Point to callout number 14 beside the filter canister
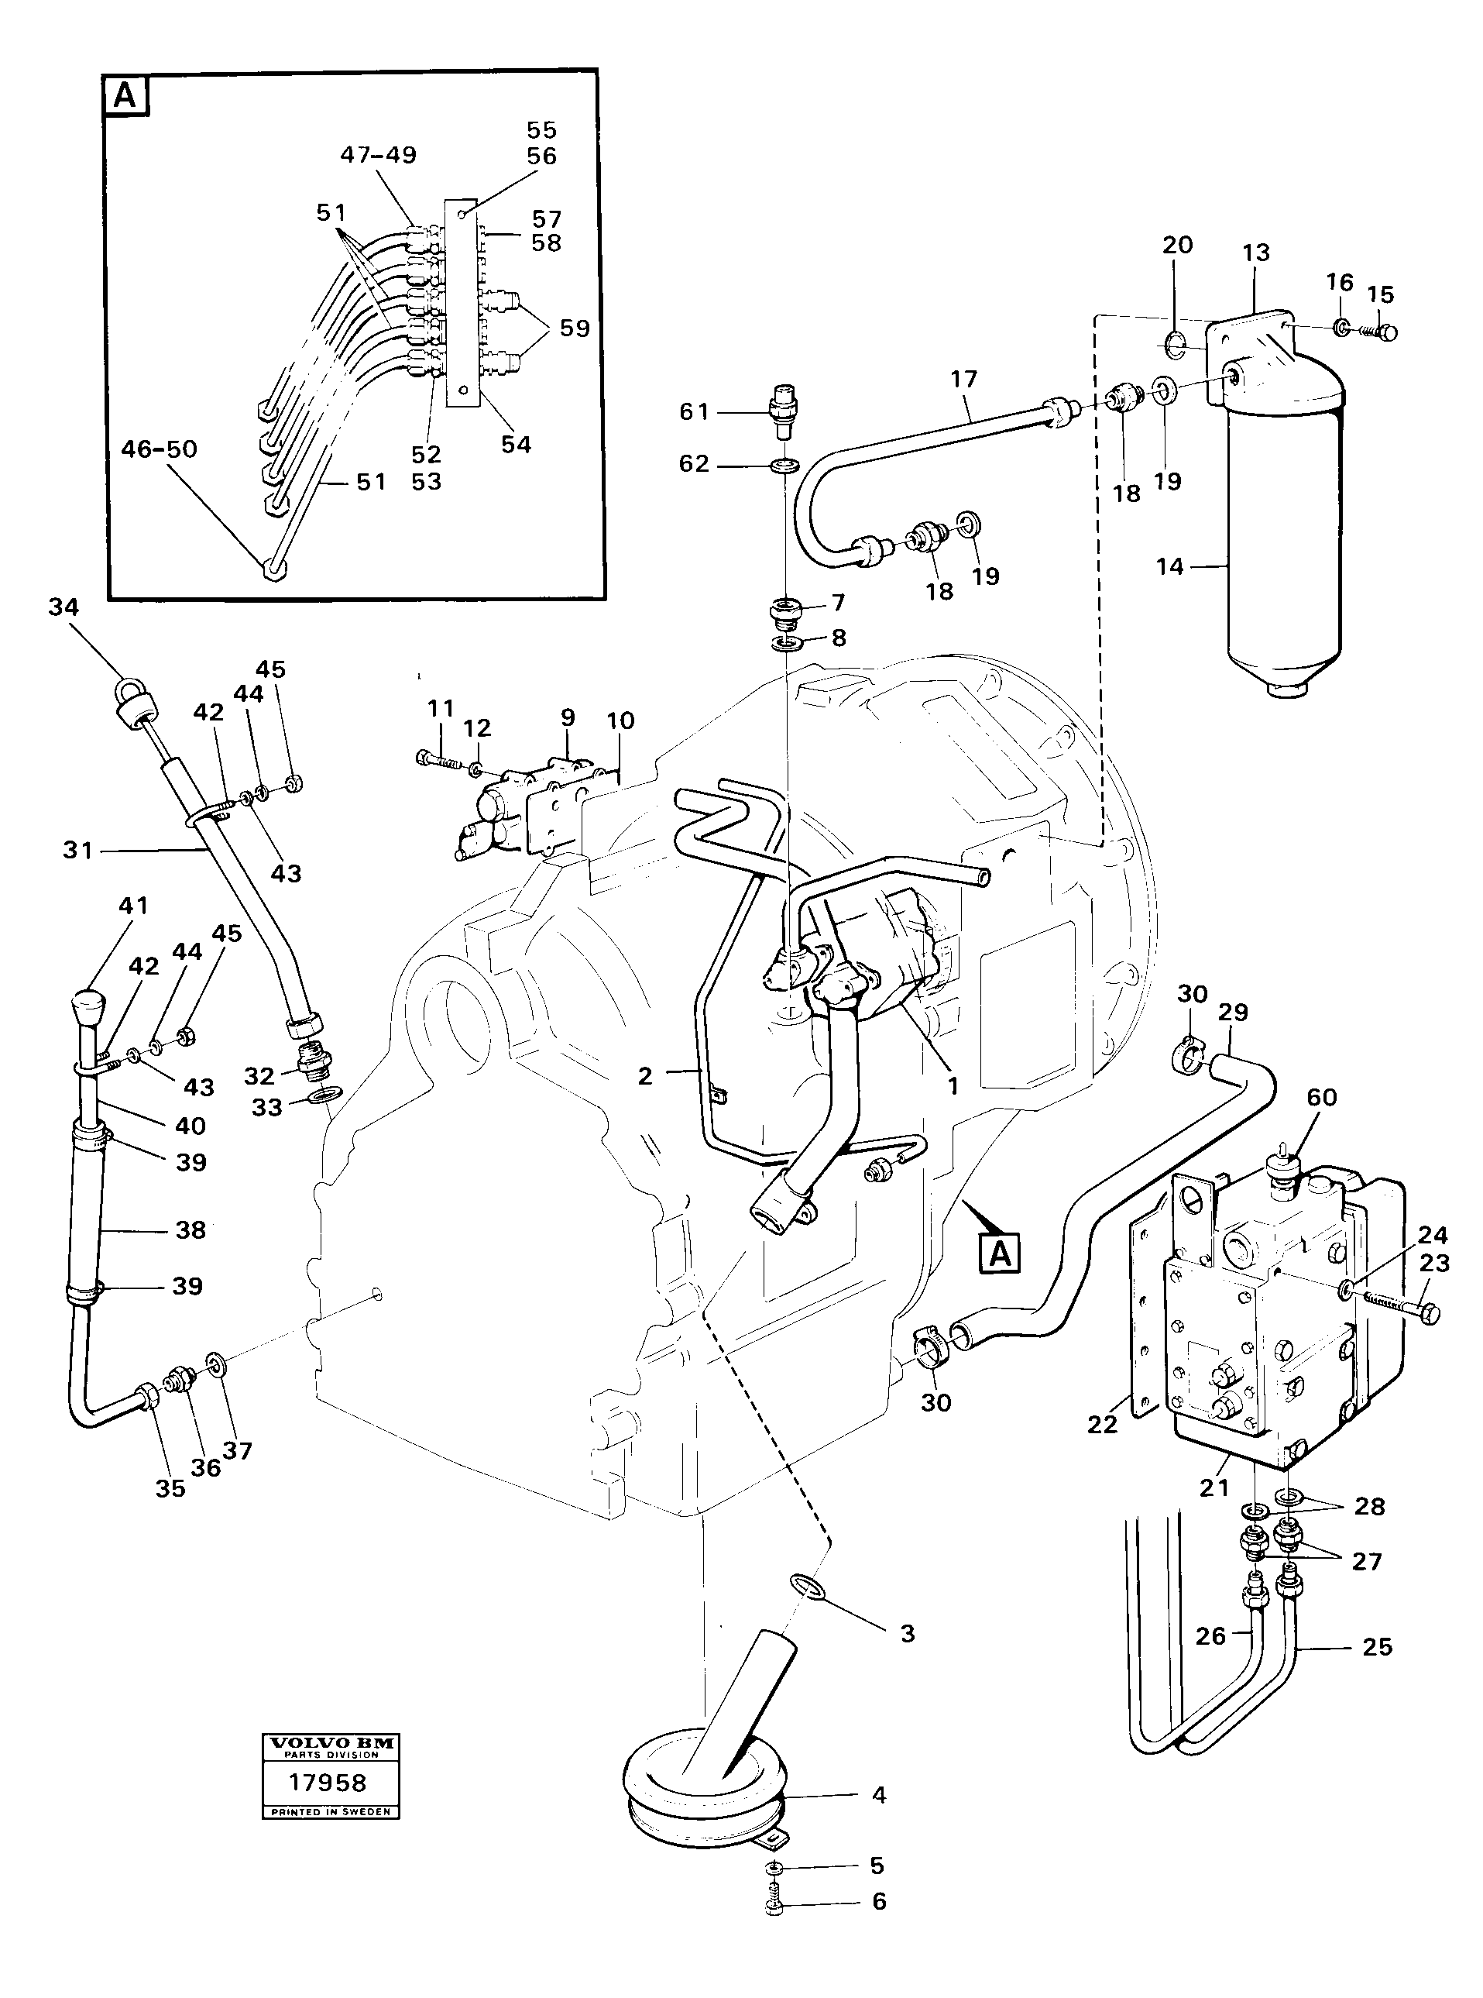click(x=1169, y=566)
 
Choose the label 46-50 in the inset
click(x=159, y=449)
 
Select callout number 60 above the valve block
click(x=1321, y=1096)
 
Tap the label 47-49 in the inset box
click(x=378, y=154)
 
